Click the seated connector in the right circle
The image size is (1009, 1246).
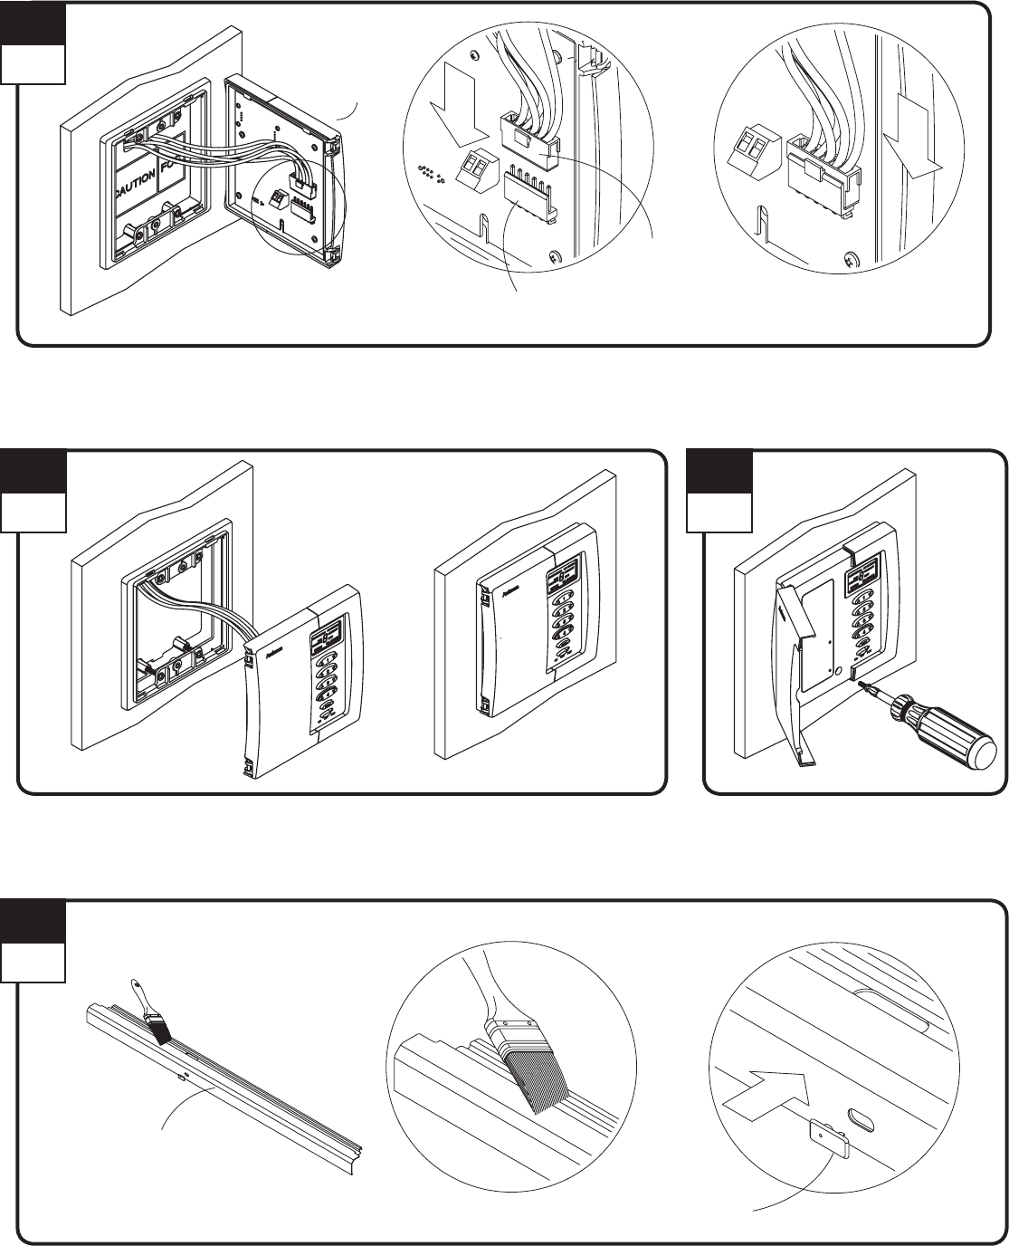tap(819, 177)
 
